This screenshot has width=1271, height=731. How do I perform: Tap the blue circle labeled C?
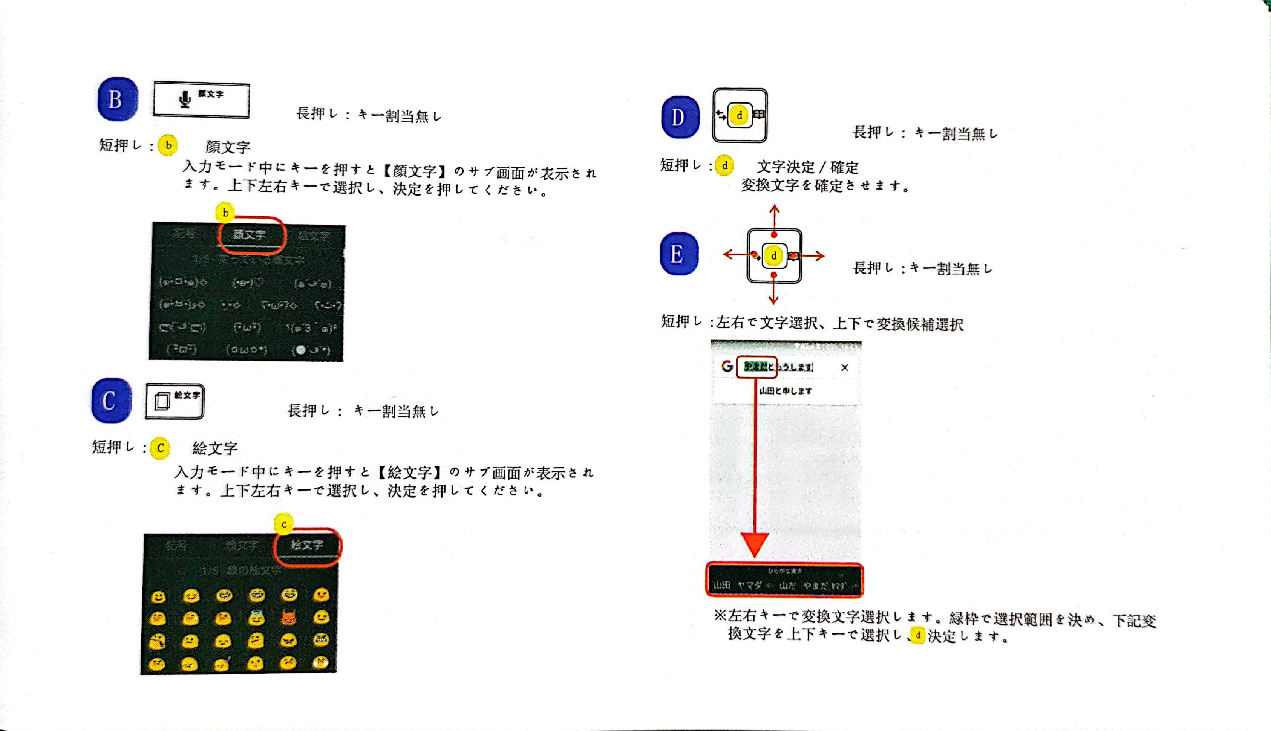point(111,401)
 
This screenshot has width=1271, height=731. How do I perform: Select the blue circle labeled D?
point(680,117)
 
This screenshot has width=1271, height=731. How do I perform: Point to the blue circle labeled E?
point(679,254)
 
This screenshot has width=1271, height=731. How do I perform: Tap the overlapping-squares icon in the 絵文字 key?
point(162,402)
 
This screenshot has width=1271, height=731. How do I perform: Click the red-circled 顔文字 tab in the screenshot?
point(251,234)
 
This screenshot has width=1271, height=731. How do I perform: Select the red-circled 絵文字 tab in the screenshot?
point(307,545)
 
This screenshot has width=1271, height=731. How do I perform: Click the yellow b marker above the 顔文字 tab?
point(225,213)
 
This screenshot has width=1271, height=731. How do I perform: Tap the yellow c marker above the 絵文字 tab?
point(284,524)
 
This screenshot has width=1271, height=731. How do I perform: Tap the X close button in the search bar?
point(844,367)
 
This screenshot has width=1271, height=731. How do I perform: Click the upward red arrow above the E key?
point(774,216)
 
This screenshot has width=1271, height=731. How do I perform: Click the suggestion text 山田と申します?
point(786,391)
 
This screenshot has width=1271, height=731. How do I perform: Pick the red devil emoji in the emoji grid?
point(289,618)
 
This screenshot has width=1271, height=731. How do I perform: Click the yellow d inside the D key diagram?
point(739,115)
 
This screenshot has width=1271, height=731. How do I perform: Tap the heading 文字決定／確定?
point(807,166)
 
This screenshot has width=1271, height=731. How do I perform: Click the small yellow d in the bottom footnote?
point(917,635)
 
